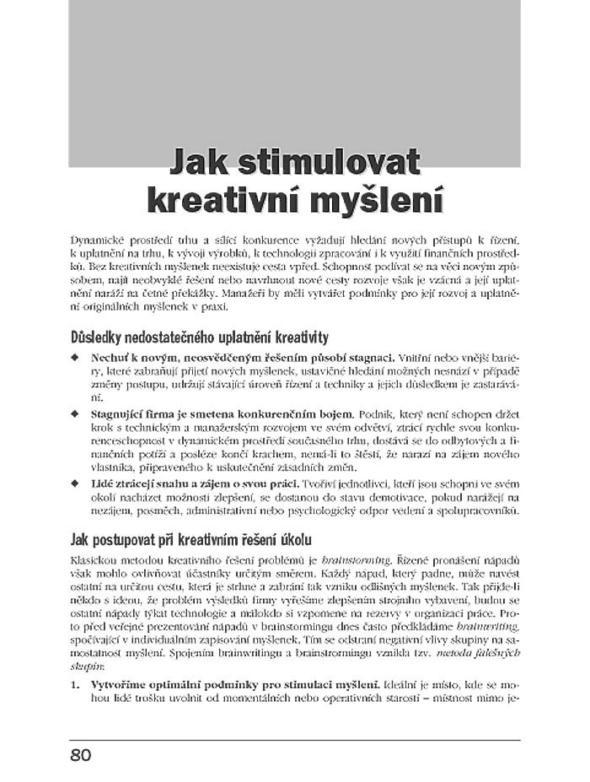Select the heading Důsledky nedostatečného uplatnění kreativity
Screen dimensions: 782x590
click(x=200, y=338)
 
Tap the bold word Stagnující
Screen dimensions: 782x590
click(x=120, y=415)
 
